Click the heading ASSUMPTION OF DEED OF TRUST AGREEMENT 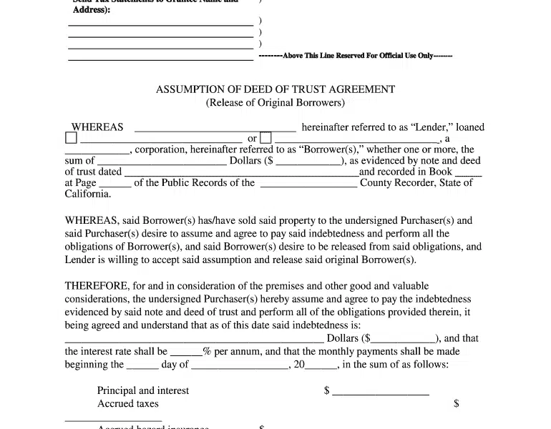click(275, 90)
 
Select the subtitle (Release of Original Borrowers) click(275, 103)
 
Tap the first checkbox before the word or click(71, 139)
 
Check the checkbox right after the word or click(265, 139)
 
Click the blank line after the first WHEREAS click(215, 129)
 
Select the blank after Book click(468, 174)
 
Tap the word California click(88, 194)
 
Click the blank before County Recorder click(308, 184)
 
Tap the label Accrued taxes click(127, 404)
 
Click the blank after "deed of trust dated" click(241, 174)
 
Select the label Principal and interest click(143, 391)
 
